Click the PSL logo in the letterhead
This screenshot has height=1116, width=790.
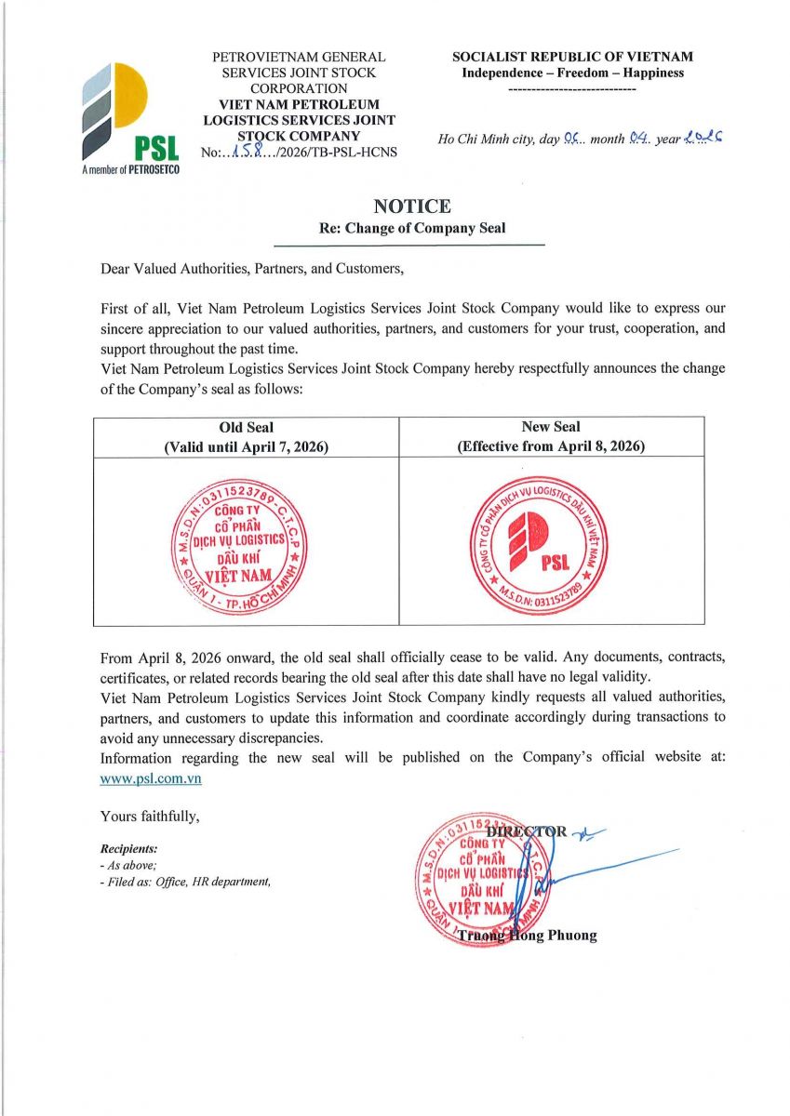[x=129, y=116]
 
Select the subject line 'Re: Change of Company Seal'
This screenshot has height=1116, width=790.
[x=412, y=229]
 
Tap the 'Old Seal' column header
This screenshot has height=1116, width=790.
[x=246, y=427]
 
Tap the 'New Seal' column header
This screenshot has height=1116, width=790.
[x=551, y=427]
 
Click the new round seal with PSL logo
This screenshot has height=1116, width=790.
[x=539, y=542]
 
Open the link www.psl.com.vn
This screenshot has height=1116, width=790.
[x=151, y=778]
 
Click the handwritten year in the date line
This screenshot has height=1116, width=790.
[x=703, y=139]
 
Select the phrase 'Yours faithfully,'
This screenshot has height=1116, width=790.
[x=150, y=817]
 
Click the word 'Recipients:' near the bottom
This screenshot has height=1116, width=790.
[x=128, y=848]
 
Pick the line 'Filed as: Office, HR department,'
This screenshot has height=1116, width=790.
[x=185, y=882]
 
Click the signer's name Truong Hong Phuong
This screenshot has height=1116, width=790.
[x=527, y=935]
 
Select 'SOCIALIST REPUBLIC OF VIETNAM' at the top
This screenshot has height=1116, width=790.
[x=572, y=57]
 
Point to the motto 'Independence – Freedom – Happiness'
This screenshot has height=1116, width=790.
[x=572, y=73]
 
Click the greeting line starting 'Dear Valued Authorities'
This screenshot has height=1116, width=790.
[x=252, y=270]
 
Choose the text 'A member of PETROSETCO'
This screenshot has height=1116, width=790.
[x=130, y=170]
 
